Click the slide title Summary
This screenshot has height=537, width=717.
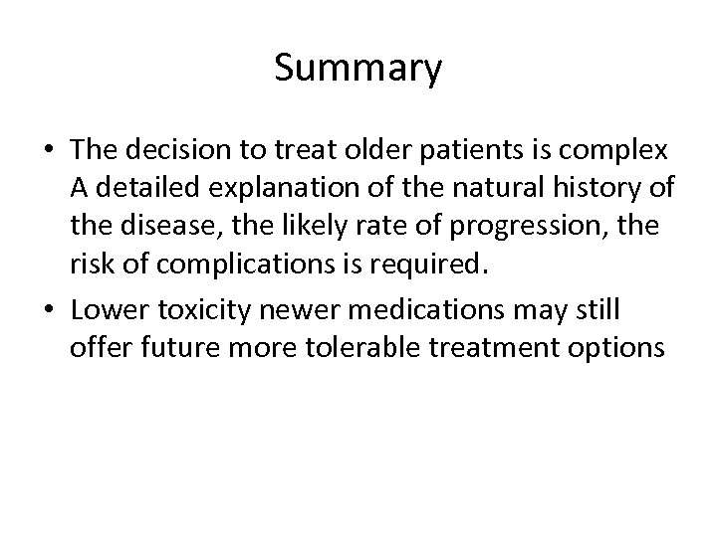358,70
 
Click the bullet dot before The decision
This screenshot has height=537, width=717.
49,150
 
